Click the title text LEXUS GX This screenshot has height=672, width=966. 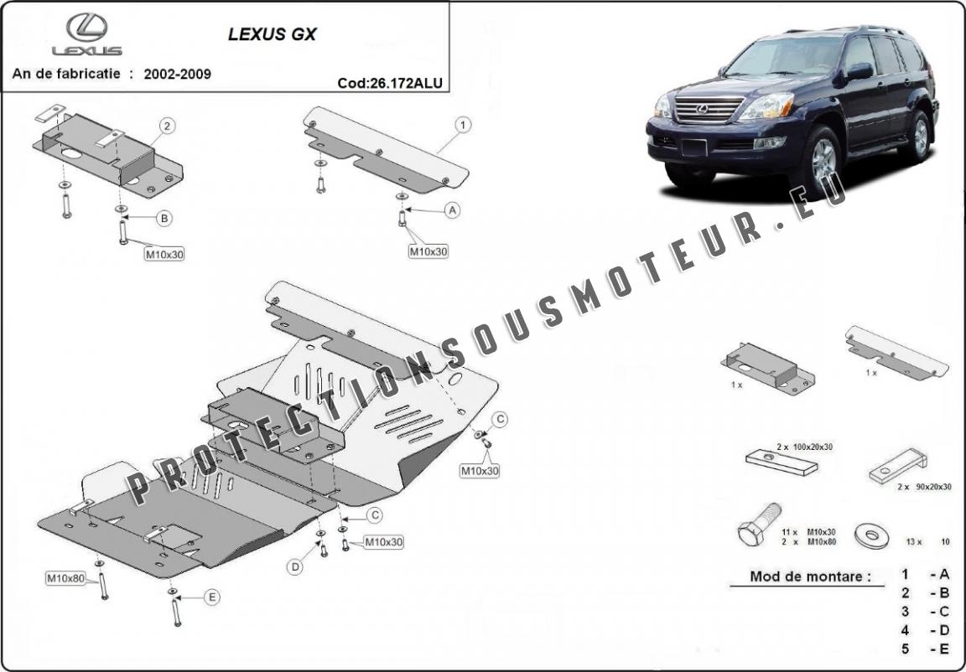[273, 35]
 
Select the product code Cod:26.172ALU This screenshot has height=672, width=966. [389, 82]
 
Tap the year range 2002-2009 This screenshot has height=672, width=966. [177, 74]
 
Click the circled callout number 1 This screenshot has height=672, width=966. [462, 125]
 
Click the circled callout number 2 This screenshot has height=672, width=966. [168, 127]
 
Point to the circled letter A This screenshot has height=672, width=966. [453, 210]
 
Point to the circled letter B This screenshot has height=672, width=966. [164, 218]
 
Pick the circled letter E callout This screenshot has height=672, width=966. [212, 597]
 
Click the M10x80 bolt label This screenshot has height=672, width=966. [65, 578]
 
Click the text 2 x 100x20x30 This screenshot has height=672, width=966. [805, 447]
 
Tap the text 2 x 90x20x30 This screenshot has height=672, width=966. [924, 488]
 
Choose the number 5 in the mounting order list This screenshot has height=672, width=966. [906, 648]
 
